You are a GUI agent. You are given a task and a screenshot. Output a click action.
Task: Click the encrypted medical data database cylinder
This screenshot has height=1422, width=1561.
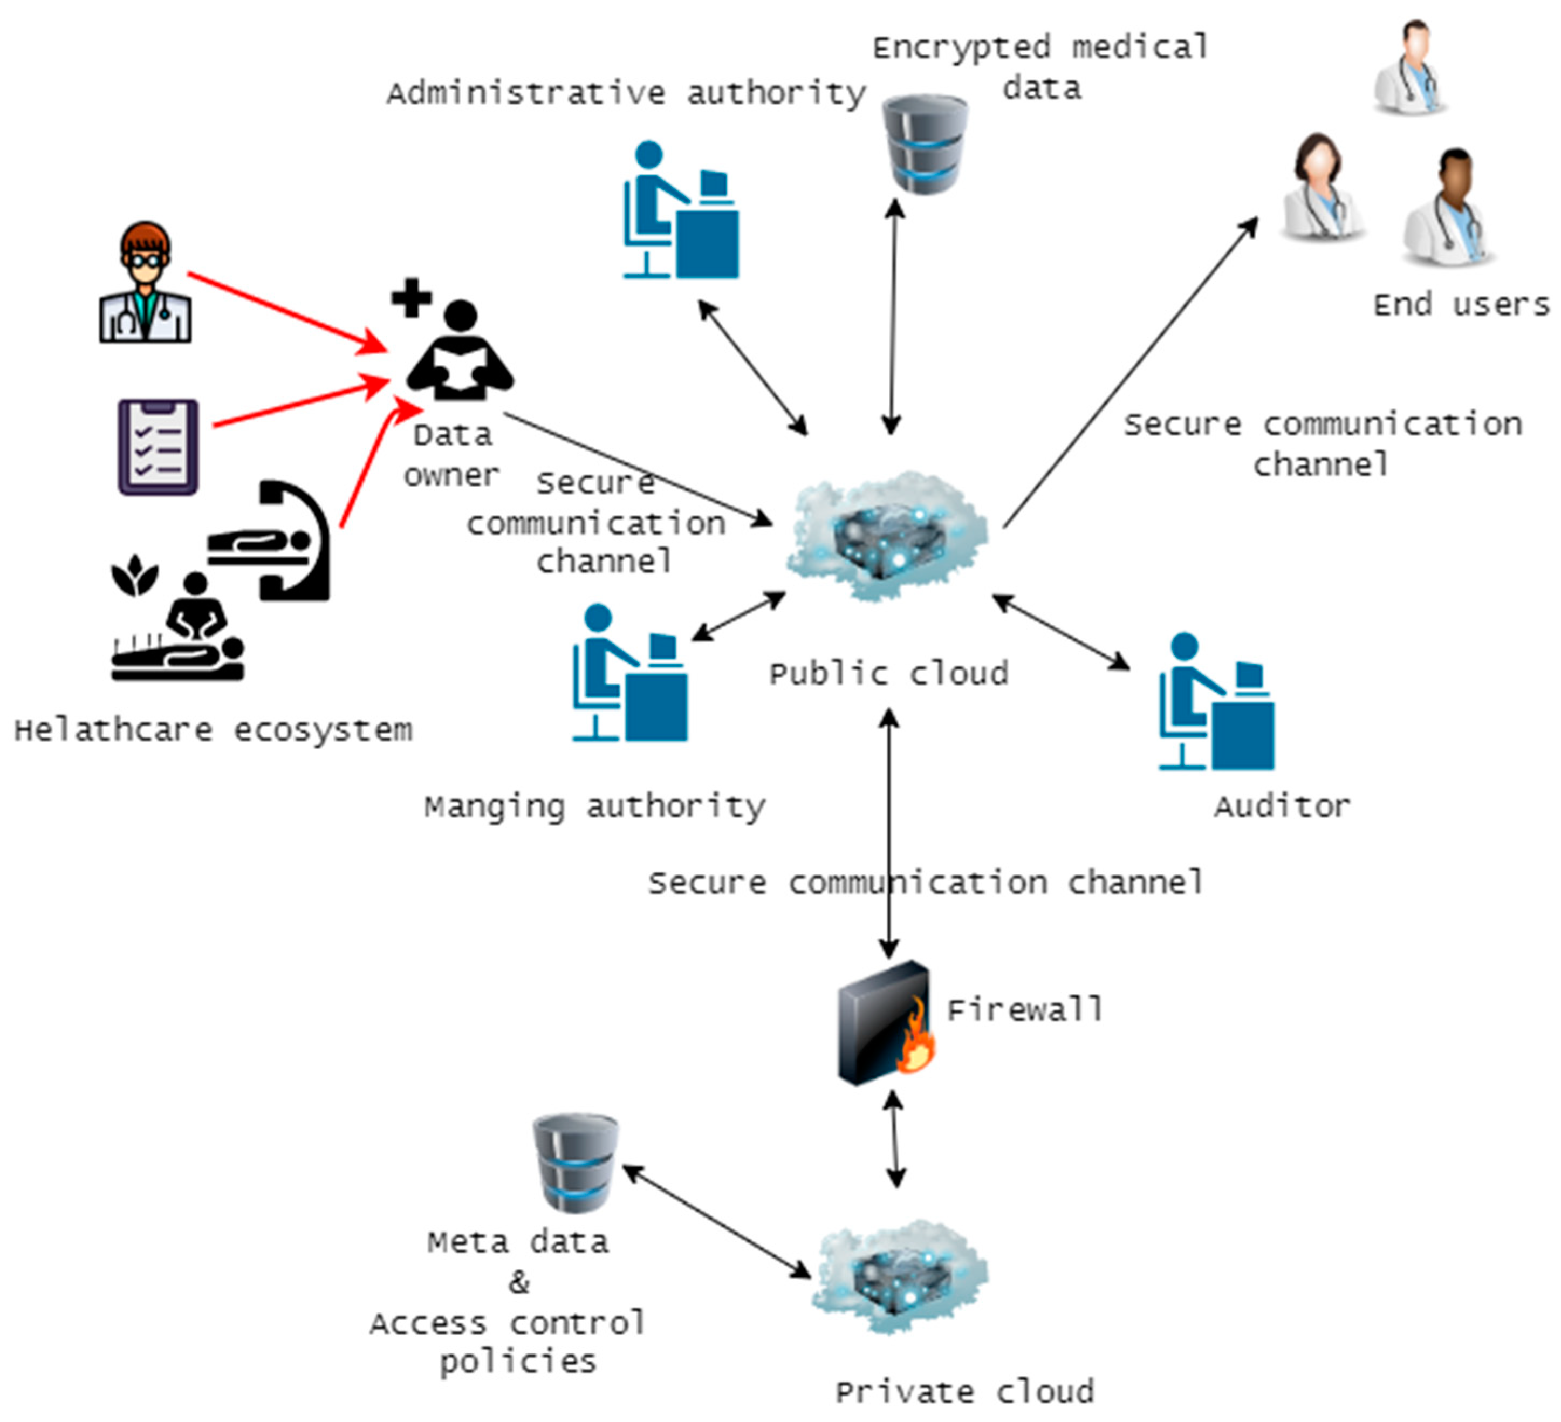925,144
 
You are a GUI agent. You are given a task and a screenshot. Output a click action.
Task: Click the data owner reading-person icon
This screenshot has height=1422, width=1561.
461,352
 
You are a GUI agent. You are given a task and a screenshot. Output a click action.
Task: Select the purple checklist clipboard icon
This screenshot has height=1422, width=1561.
158,447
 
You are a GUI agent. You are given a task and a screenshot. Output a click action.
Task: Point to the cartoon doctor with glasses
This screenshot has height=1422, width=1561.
145,283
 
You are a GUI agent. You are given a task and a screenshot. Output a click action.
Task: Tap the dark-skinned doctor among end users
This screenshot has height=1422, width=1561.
1449,208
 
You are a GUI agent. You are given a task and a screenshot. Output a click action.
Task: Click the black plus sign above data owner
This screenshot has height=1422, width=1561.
411,297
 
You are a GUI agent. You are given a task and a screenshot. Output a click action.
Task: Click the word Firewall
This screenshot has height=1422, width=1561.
1024,1010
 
